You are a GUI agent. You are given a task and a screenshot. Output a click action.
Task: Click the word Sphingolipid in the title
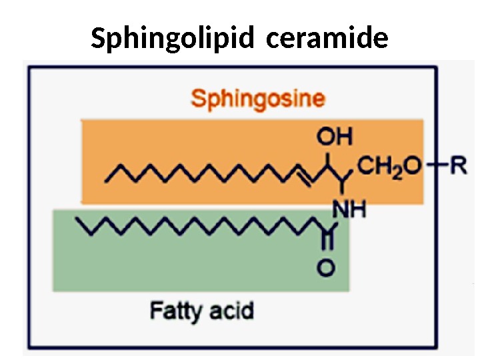tap(173, 39)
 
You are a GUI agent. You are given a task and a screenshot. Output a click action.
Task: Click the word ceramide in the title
tap(327, 39)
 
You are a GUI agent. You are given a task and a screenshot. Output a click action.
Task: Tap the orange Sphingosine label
tap(258, 99)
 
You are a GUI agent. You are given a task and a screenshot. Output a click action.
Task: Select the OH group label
tap(334, 137)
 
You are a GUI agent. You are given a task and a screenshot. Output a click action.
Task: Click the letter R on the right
tap(459, 165)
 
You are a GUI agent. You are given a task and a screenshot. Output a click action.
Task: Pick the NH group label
tap(349, 211)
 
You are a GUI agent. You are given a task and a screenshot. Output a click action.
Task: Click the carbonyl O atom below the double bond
tap(325, 269)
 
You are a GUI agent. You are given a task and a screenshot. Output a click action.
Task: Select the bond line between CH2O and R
tap(437, 165)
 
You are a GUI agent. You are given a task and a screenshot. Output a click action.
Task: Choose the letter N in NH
tap(341, 211)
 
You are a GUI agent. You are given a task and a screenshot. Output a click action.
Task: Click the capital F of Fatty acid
tap(156, 310)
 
